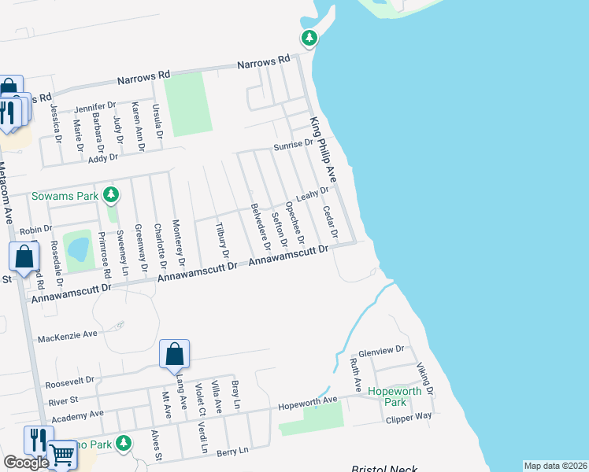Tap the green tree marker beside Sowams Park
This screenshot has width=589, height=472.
click(112, 194)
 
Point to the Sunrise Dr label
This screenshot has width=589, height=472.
click(293, 146)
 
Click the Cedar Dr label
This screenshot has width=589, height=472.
click(330, 223)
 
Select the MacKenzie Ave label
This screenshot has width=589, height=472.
click(67, 335)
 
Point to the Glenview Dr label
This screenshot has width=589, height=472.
click(380, 349)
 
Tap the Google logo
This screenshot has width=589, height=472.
click(26, 463)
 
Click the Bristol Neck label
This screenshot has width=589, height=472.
click(384, 467)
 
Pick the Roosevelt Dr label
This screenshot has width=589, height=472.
click(69, 383)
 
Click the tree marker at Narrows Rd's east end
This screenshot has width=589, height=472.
click(309, 38)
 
